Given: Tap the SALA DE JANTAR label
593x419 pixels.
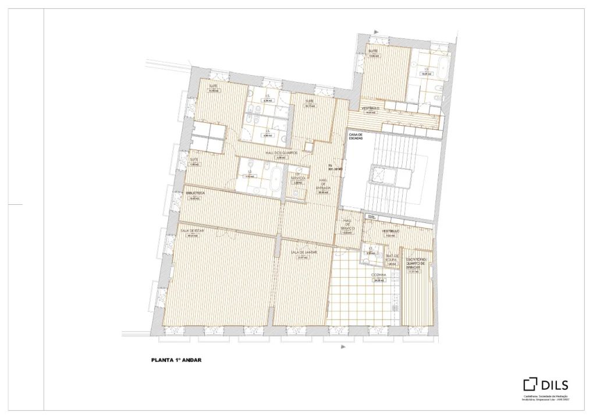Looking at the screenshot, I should (x=304, y=253).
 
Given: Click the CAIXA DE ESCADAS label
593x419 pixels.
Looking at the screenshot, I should (x=356, y=136).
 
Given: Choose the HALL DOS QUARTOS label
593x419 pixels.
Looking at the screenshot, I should (x=281, y=152).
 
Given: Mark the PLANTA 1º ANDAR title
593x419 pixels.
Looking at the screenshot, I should (x=175, y=360).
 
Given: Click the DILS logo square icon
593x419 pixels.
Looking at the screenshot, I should (x=530, y=384).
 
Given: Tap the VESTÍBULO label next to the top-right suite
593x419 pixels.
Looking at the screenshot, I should (x=371, y=109).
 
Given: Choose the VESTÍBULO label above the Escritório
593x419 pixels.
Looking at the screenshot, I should (x=390, y=232).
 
